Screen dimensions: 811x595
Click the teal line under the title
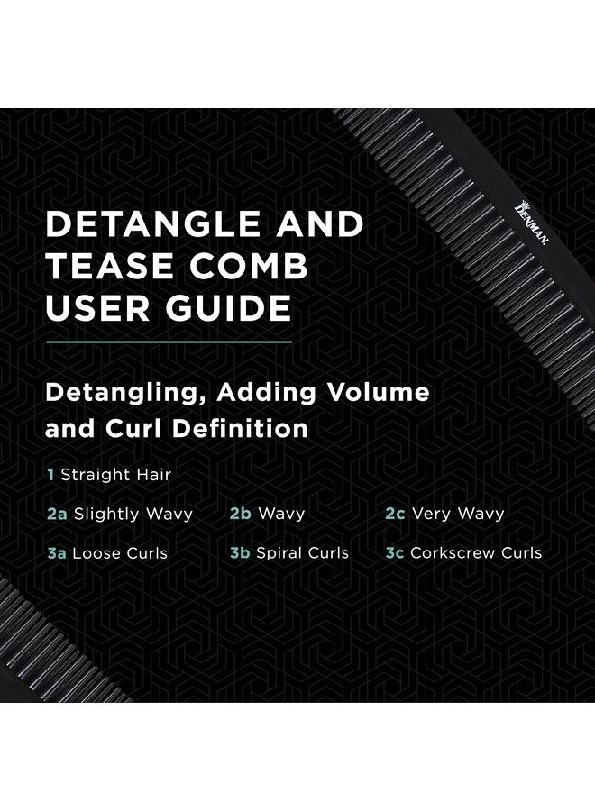169,342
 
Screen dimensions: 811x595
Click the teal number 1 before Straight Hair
50,474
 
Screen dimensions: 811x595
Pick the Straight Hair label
115,474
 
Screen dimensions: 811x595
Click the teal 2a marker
57,515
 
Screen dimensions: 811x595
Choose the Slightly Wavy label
133,515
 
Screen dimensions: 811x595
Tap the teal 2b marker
240,515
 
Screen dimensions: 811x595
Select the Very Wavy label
457,515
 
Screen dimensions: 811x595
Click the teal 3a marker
57,553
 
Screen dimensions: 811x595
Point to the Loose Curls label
121,553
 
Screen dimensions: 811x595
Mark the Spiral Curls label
302,553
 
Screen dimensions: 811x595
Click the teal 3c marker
394,553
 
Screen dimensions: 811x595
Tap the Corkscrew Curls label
476,553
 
